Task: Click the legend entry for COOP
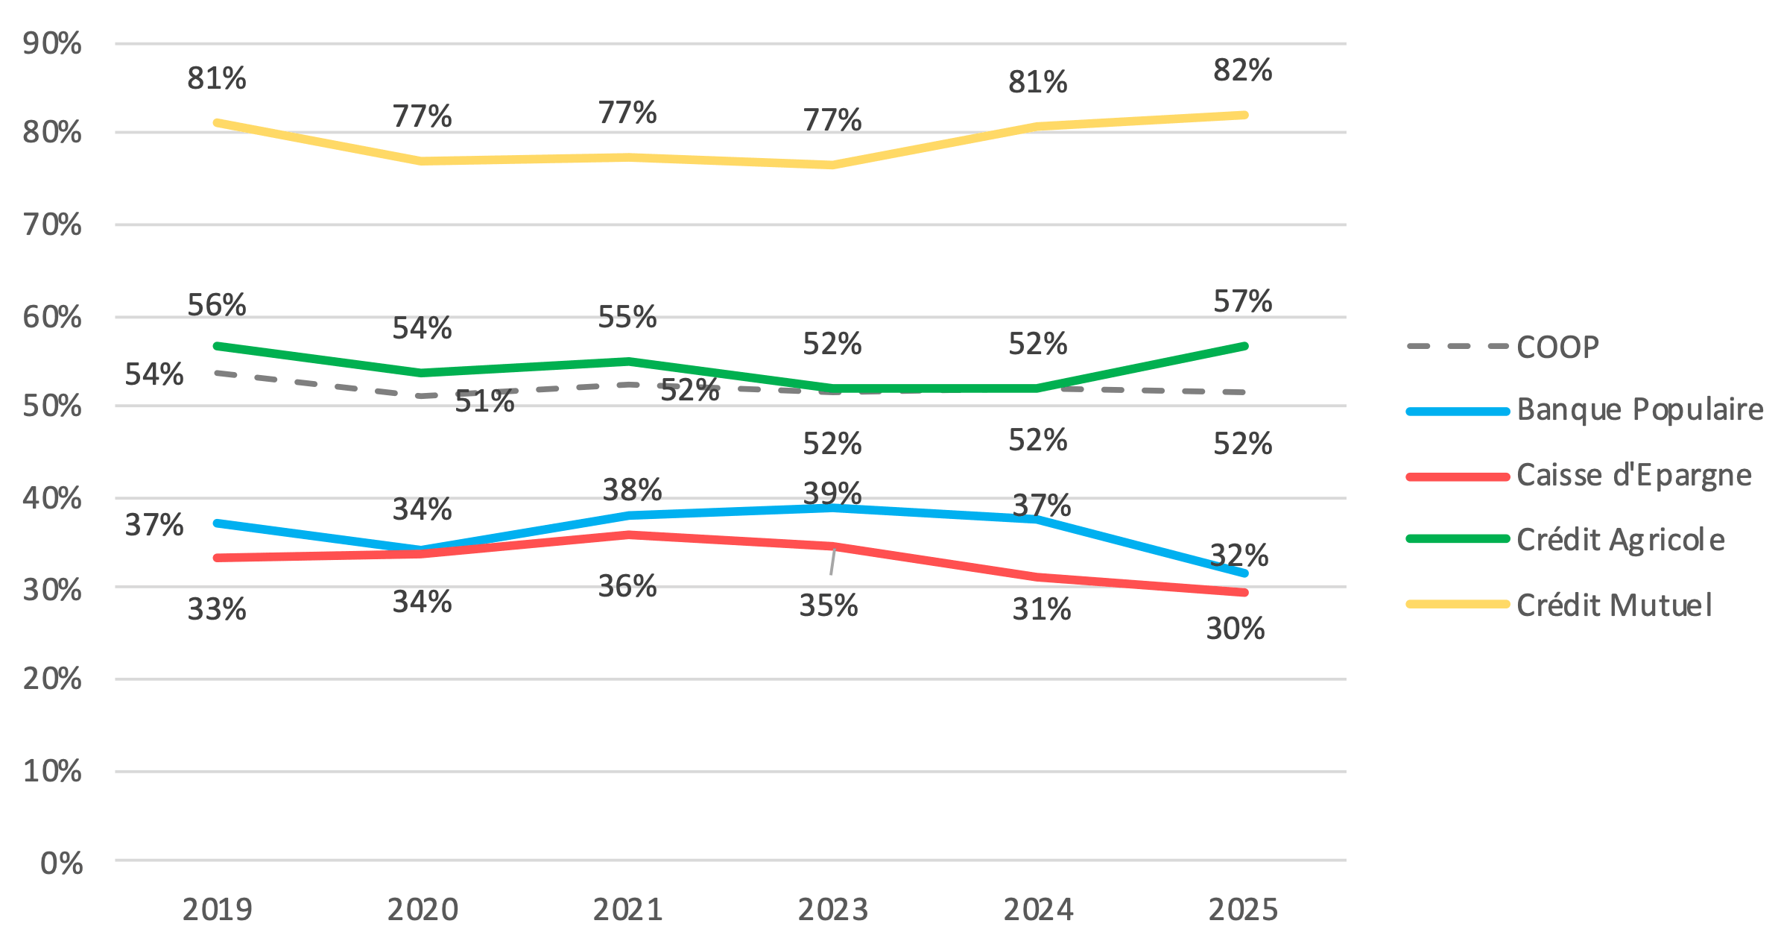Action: coord(1557,347)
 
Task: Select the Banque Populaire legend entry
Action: coord(1639,410)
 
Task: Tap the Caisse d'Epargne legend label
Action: coord(1633,476)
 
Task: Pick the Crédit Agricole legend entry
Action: coord(1620,540)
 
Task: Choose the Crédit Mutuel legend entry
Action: coord(1613,605)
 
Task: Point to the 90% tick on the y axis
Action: coord(52,43)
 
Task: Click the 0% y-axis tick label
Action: coord(61,863)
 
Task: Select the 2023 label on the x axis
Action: coord(832,910)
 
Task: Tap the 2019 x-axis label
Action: coord(217,910)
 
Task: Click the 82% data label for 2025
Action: coord(1242,70)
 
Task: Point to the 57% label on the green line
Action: coord(1242,301)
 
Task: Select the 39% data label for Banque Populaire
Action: coord(832,493)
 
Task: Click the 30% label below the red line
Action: coord(1235,629)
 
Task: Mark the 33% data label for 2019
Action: coord(216,609)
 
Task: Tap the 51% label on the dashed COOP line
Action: coord(484,402)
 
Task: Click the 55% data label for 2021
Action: coord(627,317)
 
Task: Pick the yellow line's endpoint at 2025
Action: coord(1244,115)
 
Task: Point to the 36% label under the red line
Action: coord(627,586)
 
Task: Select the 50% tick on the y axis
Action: coord(52,406)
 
